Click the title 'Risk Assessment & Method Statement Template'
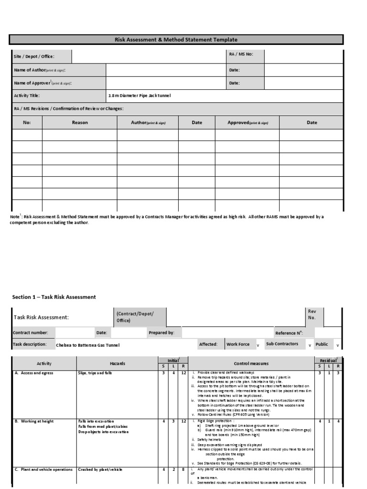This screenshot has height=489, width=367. [176, 40]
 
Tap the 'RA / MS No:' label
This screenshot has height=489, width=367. [241, 54]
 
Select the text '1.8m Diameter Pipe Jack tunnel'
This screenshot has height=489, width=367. [139, 96]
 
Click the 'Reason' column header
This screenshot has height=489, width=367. [80, 123]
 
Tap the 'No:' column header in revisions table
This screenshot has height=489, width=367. [27, 123]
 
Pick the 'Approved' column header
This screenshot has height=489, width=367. [248, 123]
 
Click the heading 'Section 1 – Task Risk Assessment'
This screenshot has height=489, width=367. [54, 297]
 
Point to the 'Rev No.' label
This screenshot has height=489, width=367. [312, 314]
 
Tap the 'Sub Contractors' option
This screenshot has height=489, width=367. [282, 344]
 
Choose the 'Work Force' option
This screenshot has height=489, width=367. [238, 344]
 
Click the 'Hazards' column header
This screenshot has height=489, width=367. [117, 364]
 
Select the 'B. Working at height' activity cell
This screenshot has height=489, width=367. [34, 422]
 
